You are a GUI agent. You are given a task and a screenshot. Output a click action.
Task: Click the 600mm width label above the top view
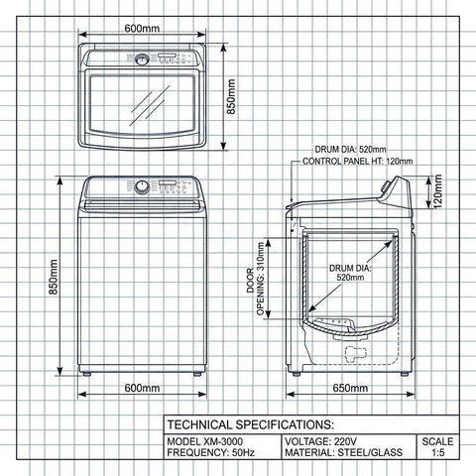point(142,28)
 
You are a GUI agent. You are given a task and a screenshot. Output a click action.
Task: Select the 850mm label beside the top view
point(232,96)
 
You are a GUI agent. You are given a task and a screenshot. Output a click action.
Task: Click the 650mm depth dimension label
point(350,388)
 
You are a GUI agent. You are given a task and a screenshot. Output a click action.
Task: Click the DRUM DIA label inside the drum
point(349,273)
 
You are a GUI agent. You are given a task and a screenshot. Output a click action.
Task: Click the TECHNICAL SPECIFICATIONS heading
point(243,423)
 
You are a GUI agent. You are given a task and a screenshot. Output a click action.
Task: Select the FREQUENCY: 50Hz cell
point(209,454)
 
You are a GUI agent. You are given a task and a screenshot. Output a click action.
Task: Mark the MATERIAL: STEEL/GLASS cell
point(337,454)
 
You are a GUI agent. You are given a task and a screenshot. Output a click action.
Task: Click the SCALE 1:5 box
point(437,447)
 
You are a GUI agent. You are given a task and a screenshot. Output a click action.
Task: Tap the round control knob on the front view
point(143,186)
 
